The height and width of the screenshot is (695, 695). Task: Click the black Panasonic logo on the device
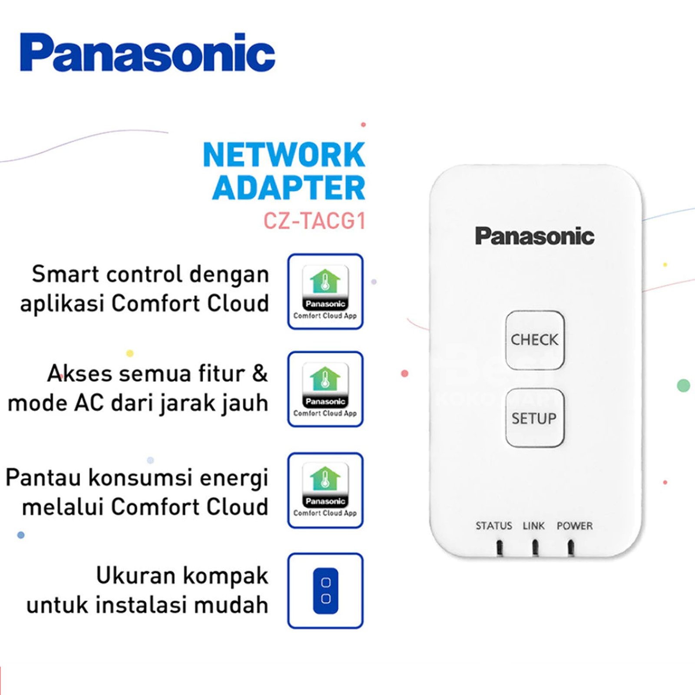pos(534,236)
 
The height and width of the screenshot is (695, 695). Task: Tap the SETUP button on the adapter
pos(535,418)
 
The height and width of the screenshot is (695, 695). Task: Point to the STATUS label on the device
pos(493,526)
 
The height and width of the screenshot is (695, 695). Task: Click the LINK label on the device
pos(533,526)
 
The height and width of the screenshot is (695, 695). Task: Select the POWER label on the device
pos(574,526)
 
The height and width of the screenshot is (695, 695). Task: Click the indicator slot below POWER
pos(571,547)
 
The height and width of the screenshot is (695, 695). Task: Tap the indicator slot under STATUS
pos(500,547)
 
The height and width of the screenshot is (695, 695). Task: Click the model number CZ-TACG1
pos(314,221)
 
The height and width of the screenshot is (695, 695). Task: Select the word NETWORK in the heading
pos(284,155)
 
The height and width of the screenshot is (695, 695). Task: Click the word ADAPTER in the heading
pos(289,188)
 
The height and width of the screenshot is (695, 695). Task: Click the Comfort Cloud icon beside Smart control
pos(325,291)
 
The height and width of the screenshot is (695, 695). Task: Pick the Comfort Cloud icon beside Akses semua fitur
pos(325,389)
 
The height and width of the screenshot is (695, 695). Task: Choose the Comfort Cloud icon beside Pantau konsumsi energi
pos(325,490)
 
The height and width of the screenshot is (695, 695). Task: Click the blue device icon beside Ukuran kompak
pos(325,590)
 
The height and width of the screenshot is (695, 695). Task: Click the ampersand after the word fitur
pos(260,374)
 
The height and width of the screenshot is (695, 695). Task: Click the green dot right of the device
pos(684,385)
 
